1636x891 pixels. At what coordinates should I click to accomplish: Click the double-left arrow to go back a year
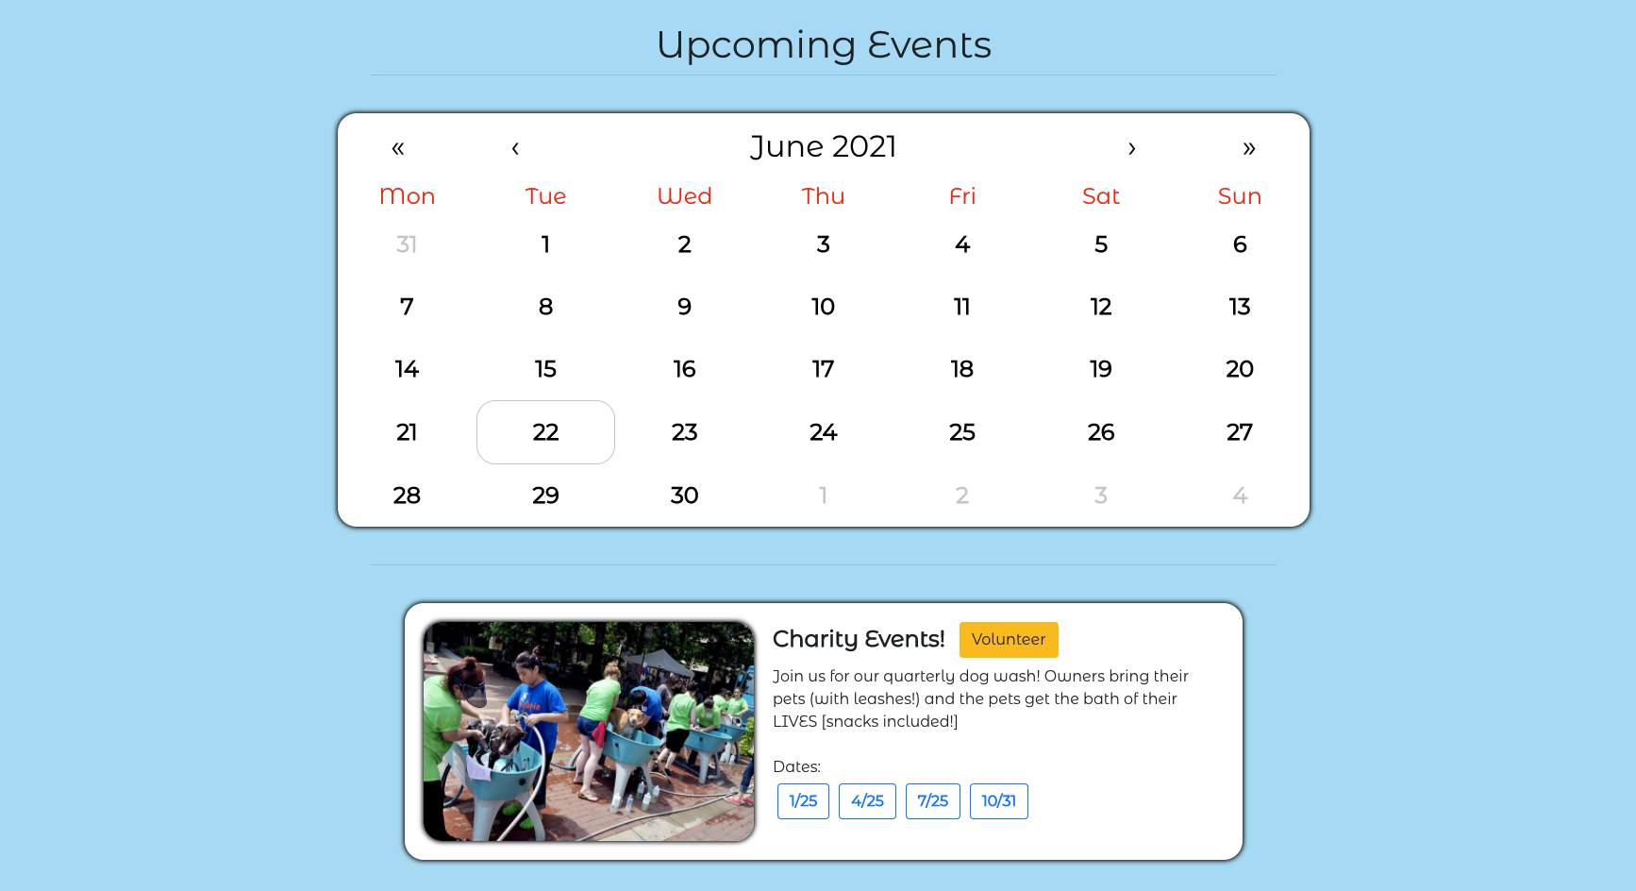point(398,148)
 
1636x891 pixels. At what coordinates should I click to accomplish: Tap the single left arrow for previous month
point(515,148)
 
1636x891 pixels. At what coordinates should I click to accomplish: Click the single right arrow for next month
point(1132,148)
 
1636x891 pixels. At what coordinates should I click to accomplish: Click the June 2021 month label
point(824,147)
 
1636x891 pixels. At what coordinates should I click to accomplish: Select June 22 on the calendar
point(545,432)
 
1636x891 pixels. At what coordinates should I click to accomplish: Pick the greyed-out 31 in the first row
point(407,244)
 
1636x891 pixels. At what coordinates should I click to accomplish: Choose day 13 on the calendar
point(1240,307)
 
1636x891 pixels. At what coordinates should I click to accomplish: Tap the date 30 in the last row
point(684,496)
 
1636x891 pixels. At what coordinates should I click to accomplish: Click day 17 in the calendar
point(823,369)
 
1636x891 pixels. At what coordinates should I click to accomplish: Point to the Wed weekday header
point(685,196)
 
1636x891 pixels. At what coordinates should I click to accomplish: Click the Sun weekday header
point(1240,196)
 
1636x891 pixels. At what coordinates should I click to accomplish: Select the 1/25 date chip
point(803,801)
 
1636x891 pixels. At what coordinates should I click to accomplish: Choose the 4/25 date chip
point(867,801)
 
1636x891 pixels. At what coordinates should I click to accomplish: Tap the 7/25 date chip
point(933,801)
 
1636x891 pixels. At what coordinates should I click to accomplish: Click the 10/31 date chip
point(999,801)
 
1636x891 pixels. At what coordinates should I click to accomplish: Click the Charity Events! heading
point(859,639)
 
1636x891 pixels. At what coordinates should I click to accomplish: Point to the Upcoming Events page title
point(824,45)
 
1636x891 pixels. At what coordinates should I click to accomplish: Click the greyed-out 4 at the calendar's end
point(1240,496)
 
